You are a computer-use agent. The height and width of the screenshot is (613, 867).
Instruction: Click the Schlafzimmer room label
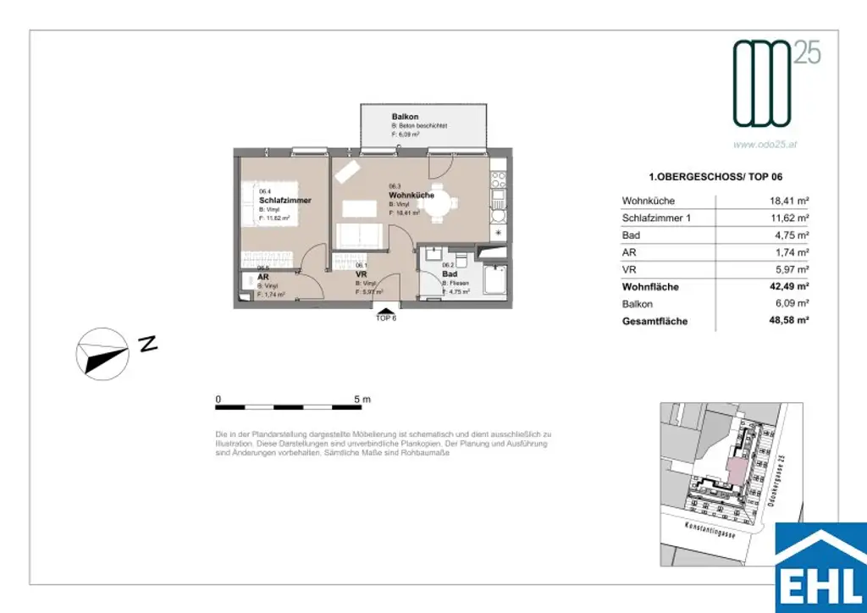(x=284, y=201)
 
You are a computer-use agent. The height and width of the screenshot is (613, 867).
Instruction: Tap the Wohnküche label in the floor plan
(x=411, y=195)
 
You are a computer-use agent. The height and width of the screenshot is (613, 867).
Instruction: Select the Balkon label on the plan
(x=405, y=116)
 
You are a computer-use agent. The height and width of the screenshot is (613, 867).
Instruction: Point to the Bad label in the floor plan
(x=450, y=274)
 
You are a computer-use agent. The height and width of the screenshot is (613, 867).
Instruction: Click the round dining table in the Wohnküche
(x=439, y=204)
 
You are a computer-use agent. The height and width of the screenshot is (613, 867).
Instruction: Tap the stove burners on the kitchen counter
(x=498, y=179)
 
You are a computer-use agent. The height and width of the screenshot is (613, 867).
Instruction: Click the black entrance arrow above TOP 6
(x=386, y=311)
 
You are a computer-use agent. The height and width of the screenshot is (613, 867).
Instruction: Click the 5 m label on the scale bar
(x=362, y=399)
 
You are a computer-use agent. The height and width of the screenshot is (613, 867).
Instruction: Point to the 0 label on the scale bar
(x=218, y=399)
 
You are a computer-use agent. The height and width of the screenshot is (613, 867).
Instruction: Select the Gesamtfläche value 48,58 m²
(x=784, y=322)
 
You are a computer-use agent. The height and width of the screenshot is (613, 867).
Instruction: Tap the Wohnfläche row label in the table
(x=650, y=287)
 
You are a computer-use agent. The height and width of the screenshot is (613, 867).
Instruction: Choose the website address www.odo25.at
(x=765, y=145)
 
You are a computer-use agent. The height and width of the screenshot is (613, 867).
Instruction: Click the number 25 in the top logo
(x=807, y=55)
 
